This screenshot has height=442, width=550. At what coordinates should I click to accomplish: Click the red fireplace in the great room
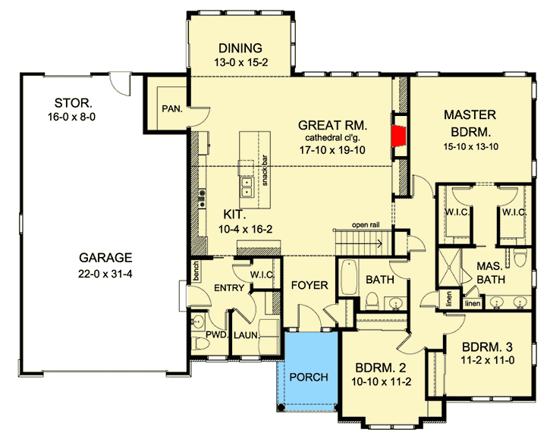399,136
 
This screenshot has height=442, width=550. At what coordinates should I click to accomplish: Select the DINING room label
240,48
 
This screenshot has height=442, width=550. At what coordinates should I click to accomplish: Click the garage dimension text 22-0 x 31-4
105,274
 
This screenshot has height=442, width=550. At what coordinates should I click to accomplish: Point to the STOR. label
73,103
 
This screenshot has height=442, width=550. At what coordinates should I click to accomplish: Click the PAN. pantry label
172,109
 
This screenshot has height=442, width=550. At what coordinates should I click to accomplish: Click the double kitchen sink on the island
247,187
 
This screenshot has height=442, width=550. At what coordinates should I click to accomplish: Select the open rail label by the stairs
366,224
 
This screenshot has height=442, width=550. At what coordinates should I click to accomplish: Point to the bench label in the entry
196,271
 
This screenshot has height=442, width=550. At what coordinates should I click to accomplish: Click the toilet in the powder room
200,343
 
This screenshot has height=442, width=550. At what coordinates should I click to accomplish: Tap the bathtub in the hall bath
348,277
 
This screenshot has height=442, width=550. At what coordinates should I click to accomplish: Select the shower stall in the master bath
449,269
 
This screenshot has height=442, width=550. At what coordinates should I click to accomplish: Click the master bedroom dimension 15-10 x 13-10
471,146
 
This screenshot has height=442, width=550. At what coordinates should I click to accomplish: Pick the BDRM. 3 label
487,347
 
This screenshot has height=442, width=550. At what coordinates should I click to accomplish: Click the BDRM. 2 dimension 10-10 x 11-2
382,381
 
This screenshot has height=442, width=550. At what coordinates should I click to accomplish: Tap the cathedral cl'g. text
332,137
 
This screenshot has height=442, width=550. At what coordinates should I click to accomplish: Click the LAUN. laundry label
246,335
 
